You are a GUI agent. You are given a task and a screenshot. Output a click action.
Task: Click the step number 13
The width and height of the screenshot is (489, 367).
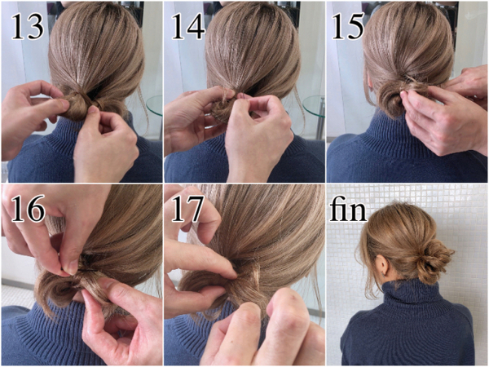click(x=28, y=27)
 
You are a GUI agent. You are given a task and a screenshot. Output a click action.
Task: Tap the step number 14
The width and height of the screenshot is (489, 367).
click(x=188, y=27)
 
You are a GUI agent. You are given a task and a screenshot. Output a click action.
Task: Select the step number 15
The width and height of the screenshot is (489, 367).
click(x=347, y=27)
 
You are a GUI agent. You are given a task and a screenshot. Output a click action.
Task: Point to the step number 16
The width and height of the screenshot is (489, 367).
click(x=28, y=209)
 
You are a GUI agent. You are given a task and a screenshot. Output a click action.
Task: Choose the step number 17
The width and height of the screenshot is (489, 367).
click(x=188, y=209)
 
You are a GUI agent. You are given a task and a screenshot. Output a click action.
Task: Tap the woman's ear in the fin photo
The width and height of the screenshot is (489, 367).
click(x=383, y=265)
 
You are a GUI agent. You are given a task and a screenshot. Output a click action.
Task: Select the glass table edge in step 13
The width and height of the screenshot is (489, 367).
click(x=154, y=105)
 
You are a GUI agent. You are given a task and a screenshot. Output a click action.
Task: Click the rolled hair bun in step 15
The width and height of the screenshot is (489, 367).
click(x=391, y=99)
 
